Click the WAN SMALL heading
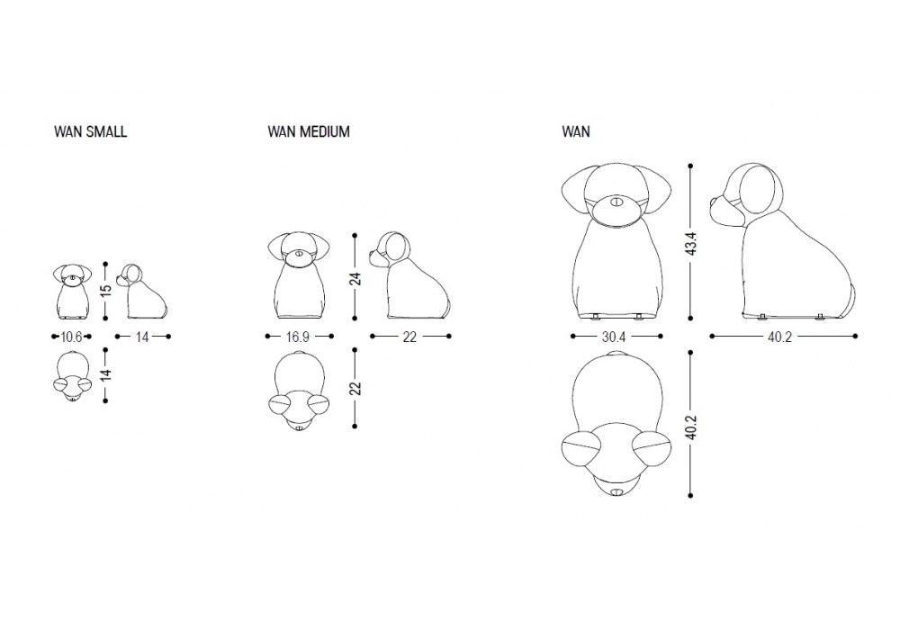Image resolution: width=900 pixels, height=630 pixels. coord(91,131)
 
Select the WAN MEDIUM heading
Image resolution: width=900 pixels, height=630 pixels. coord(309,131)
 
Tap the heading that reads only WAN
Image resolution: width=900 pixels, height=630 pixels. coord(576,131)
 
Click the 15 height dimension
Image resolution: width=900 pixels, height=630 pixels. coord(105,290)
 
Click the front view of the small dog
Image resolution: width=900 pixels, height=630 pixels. coord(72,292)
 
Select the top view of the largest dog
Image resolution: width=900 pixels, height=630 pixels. coord(616,427)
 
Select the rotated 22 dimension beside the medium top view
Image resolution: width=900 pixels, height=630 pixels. coord(355,388)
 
